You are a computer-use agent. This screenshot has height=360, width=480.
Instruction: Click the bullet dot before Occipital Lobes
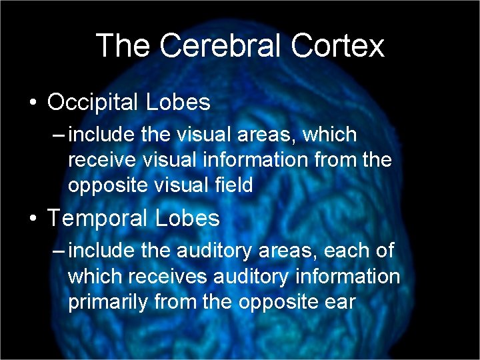coord(32,103)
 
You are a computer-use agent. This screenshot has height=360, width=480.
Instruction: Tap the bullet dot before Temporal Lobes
coord(32,219)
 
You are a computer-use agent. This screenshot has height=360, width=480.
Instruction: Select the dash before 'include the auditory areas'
coord(59,251)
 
